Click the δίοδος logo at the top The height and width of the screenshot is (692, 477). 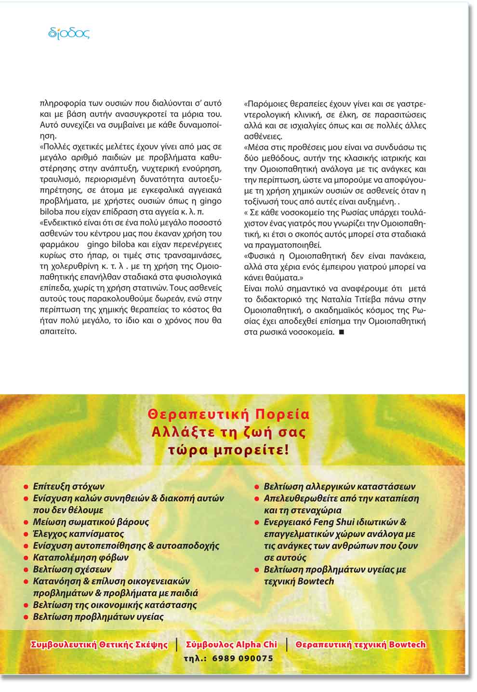68,33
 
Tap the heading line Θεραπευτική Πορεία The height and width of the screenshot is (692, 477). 229,414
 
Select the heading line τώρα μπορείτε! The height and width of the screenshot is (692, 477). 229,451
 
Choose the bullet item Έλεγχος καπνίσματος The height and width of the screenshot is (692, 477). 78,534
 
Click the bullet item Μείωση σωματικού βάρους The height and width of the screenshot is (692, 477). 91,522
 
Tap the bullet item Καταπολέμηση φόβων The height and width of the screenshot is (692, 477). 80,558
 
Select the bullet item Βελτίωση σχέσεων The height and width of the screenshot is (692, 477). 72,570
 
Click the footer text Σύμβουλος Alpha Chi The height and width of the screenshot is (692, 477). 231,645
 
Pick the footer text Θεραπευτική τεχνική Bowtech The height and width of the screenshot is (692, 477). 360,645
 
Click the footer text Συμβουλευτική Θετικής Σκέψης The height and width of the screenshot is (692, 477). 99,645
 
